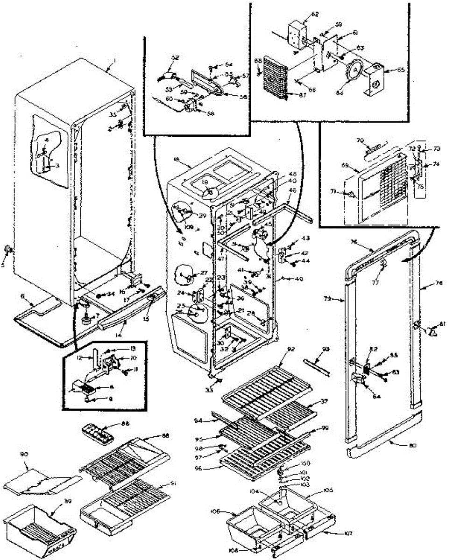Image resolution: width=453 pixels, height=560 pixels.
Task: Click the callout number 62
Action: pyautogui.click(x=315, y=14)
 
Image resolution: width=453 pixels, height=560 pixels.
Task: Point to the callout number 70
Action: pyautogui.click(x=360, y=140)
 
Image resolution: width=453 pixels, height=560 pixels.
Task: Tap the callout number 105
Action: pyautogui.click(x=329, y=491)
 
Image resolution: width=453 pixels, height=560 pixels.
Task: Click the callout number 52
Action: pyautogui.click(x=175, y=58)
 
